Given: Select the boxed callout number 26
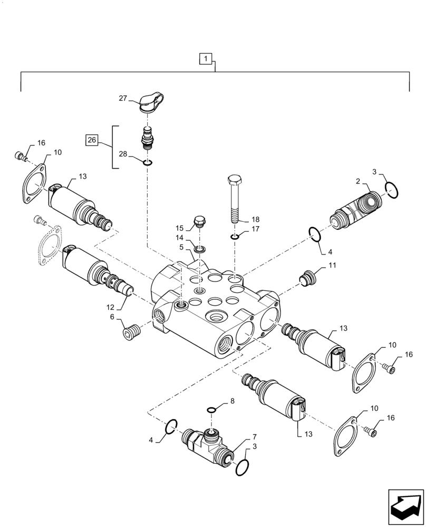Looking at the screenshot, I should pos(92,140).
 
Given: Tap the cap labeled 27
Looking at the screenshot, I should pos(152,102).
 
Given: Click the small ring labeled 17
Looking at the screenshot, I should pos(235,237).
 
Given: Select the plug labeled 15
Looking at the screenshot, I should pos(199,222).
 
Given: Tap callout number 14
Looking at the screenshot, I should pos(180,238).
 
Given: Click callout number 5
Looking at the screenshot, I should pos(181,247).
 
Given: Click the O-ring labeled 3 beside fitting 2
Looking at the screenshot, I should pos(391,189).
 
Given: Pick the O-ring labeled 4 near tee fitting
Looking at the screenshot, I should pos(171,426).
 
